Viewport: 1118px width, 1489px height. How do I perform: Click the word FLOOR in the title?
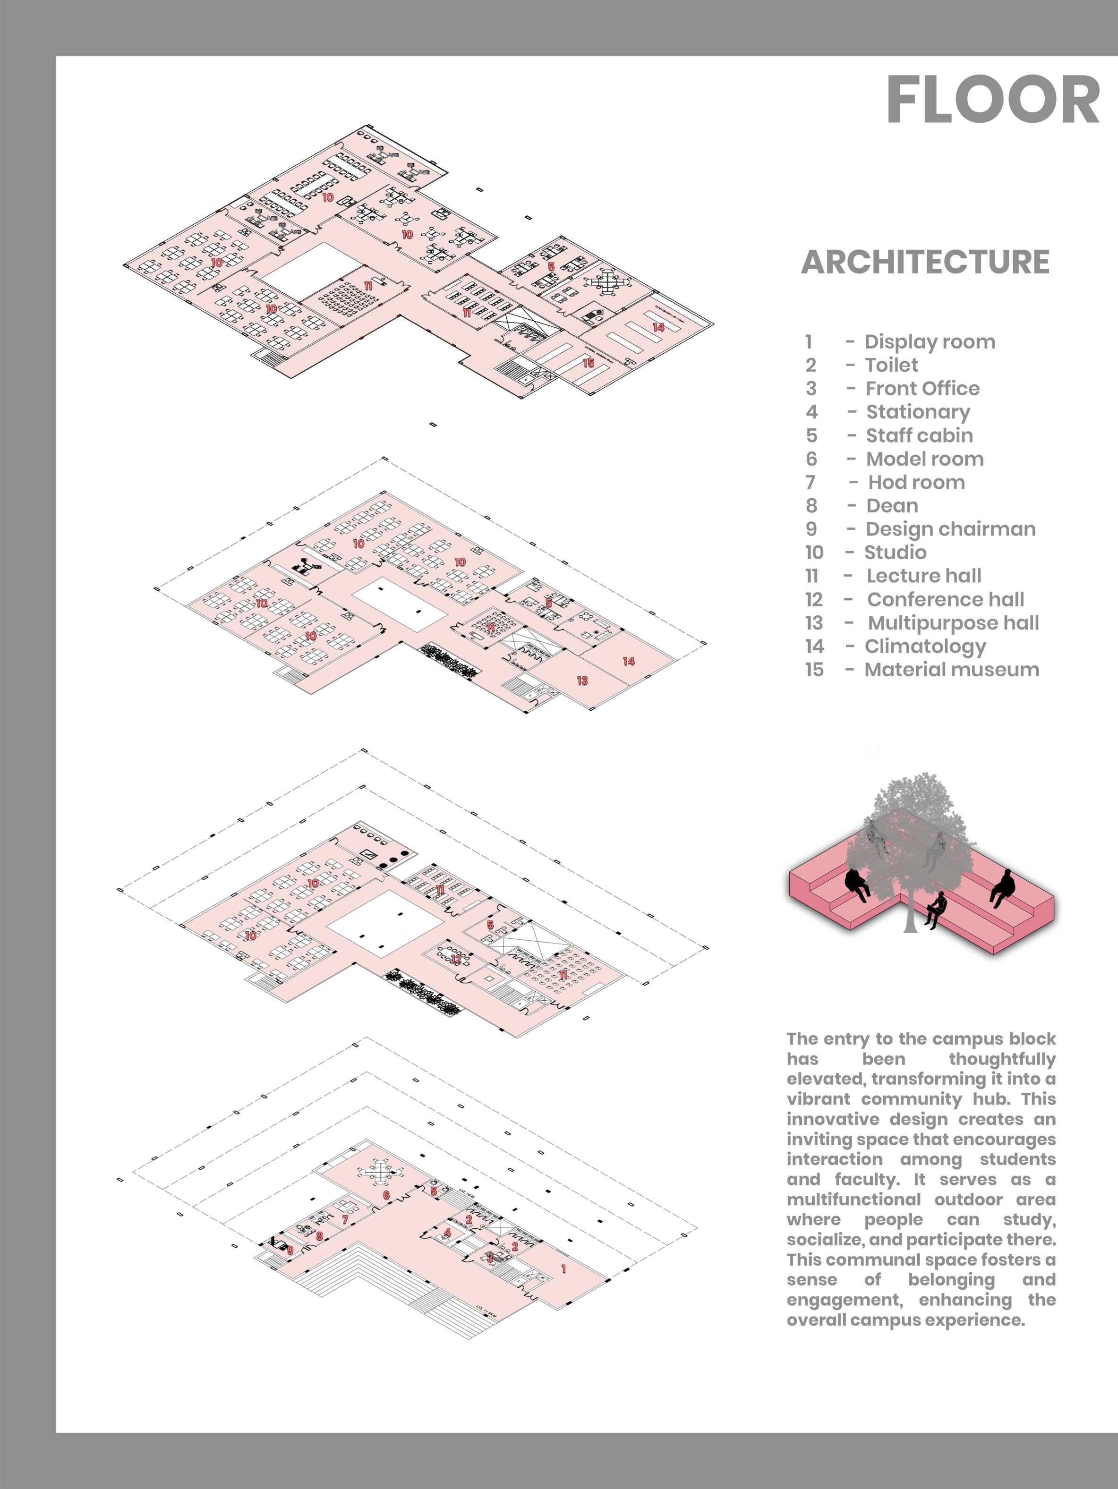[x=992, y=100]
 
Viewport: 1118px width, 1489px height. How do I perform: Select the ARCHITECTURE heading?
[x=925, y=262]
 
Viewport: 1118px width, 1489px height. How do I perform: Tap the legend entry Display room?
[x=930, y=342]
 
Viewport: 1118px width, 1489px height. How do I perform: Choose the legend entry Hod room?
[x=916, y=482]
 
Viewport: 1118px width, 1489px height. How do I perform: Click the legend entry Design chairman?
[x=950, y=529]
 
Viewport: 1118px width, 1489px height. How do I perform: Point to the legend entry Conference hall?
[x=945, y=599]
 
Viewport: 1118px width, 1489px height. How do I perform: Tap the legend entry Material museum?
[x=951, y=670]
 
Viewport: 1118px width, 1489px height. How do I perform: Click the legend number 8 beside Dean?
[x=812, y=505]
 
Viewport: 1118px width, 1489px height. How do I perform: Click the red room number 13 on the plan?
[x=582, y=681]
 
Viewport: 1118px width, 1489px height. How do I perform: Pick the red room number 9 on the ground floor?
[x=290, y=1251]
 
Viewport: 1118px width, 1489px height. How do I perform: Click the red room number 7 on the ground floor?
[x=345, y=1219]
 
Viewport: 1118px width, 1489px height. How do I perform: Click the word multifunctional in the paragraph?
[x=853, y=1199]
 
